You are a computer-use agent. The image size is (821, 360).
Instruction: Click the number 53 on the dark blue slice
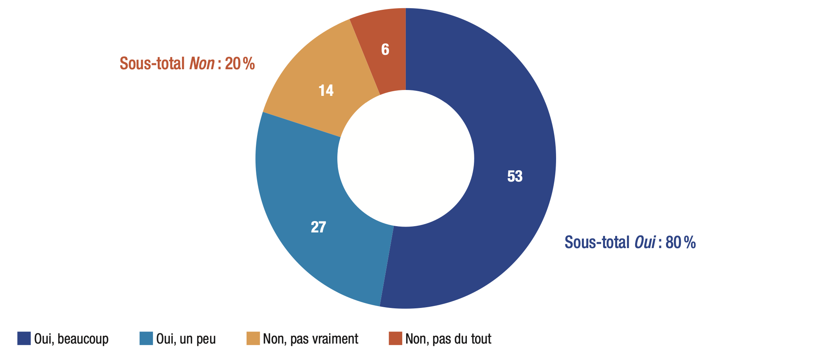515,176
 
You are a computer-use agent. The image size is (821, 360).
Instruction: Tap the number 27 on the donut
318,227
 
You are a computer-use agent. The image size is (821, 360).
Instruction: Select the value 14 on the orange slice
326,91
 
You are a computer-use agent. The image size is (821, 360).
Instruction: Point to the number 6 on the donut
385,50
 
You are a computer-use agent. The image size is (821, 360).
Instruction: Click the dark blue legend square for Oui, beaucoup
24,338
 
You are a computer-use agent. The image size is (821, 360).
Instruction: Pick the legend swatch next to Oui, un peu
146,338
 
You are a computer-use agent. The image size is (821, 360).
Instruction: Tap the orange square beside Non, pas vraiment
253,338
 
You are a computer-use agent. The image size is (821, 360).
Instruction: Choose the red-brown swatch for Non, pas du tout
395,338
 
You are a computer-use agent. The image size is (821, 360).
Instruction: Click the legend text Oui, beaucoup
71,339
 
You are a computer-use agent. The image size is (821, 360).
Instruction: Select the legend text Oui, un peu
186,339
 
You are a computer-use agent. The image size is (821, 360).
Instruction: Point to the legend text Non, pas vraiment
310,339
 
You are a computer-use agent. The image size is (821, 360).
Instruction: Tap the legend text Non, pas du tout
448,339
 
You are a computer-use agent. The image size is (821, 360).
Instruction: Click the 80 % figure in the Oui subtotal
681,243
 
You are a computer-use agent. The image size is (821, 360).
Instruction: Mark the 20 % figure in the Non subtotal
240,63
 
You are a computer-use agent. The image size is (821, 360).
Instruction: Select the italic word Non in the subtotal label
202,63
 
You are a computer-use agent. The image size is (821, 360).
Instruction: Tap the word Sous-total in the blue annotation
597,243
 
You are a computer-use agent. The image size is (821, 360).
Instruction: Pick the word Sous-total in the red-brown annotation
152,63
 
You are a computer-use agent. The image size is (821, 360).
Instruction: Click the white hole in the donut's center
406,158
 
